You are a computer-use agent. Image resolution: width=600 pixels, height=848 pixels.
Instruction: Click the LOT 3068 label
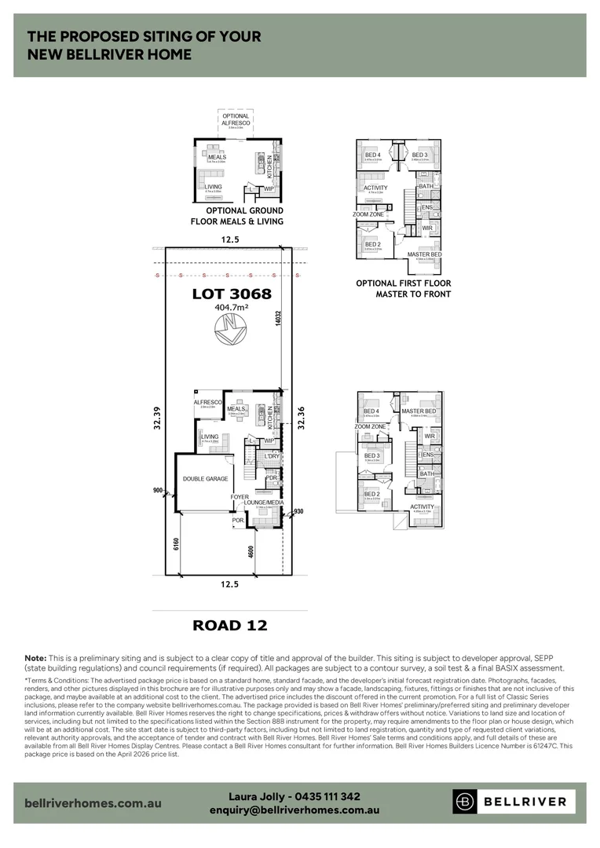pyautogui.click(x=232, y=294)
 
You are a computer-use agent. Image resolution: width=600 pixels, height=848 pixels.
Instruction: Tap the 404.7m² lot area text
pyautogui.click(x=232, y=309)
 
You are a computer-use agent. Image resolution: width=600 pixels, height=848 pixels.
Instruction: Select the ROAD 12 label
pyautogui.click(x=230, y=625)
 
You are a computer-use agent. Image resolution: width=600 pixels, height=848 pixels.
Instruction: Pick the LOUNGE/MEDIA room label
pyautogui.click(x=265, y=502)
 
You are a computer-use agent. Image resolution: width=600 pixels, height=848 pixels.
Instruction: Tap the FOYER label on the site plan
pyautogui.click(x=240, y=497)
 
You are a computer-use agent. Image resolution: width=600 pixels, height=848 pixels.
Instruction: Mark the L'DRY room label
pyautogui.click(x=273, y=456)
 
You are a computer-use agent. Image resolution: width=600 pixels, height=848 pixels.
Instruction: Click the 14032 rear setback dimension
pyautogui.click(x=279, y=323)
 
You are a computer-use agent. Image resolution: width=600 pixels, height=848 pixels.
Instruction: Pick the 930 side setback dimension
pyautogui.click(x=297, y=511)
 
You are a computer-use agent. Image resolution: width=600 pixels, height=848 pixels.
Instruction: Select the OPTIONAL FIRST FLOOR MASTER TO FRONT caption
pyautogui.click(x=403, y=289)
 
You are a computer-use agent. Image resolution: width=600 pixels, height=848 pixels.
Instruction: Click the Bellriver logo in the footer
pyautogui.click(x=514, y=802)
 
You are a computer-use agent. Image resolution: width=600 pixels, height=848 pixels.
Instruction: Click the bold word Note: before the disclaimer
pyautogui.click(x=35, y=657)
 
